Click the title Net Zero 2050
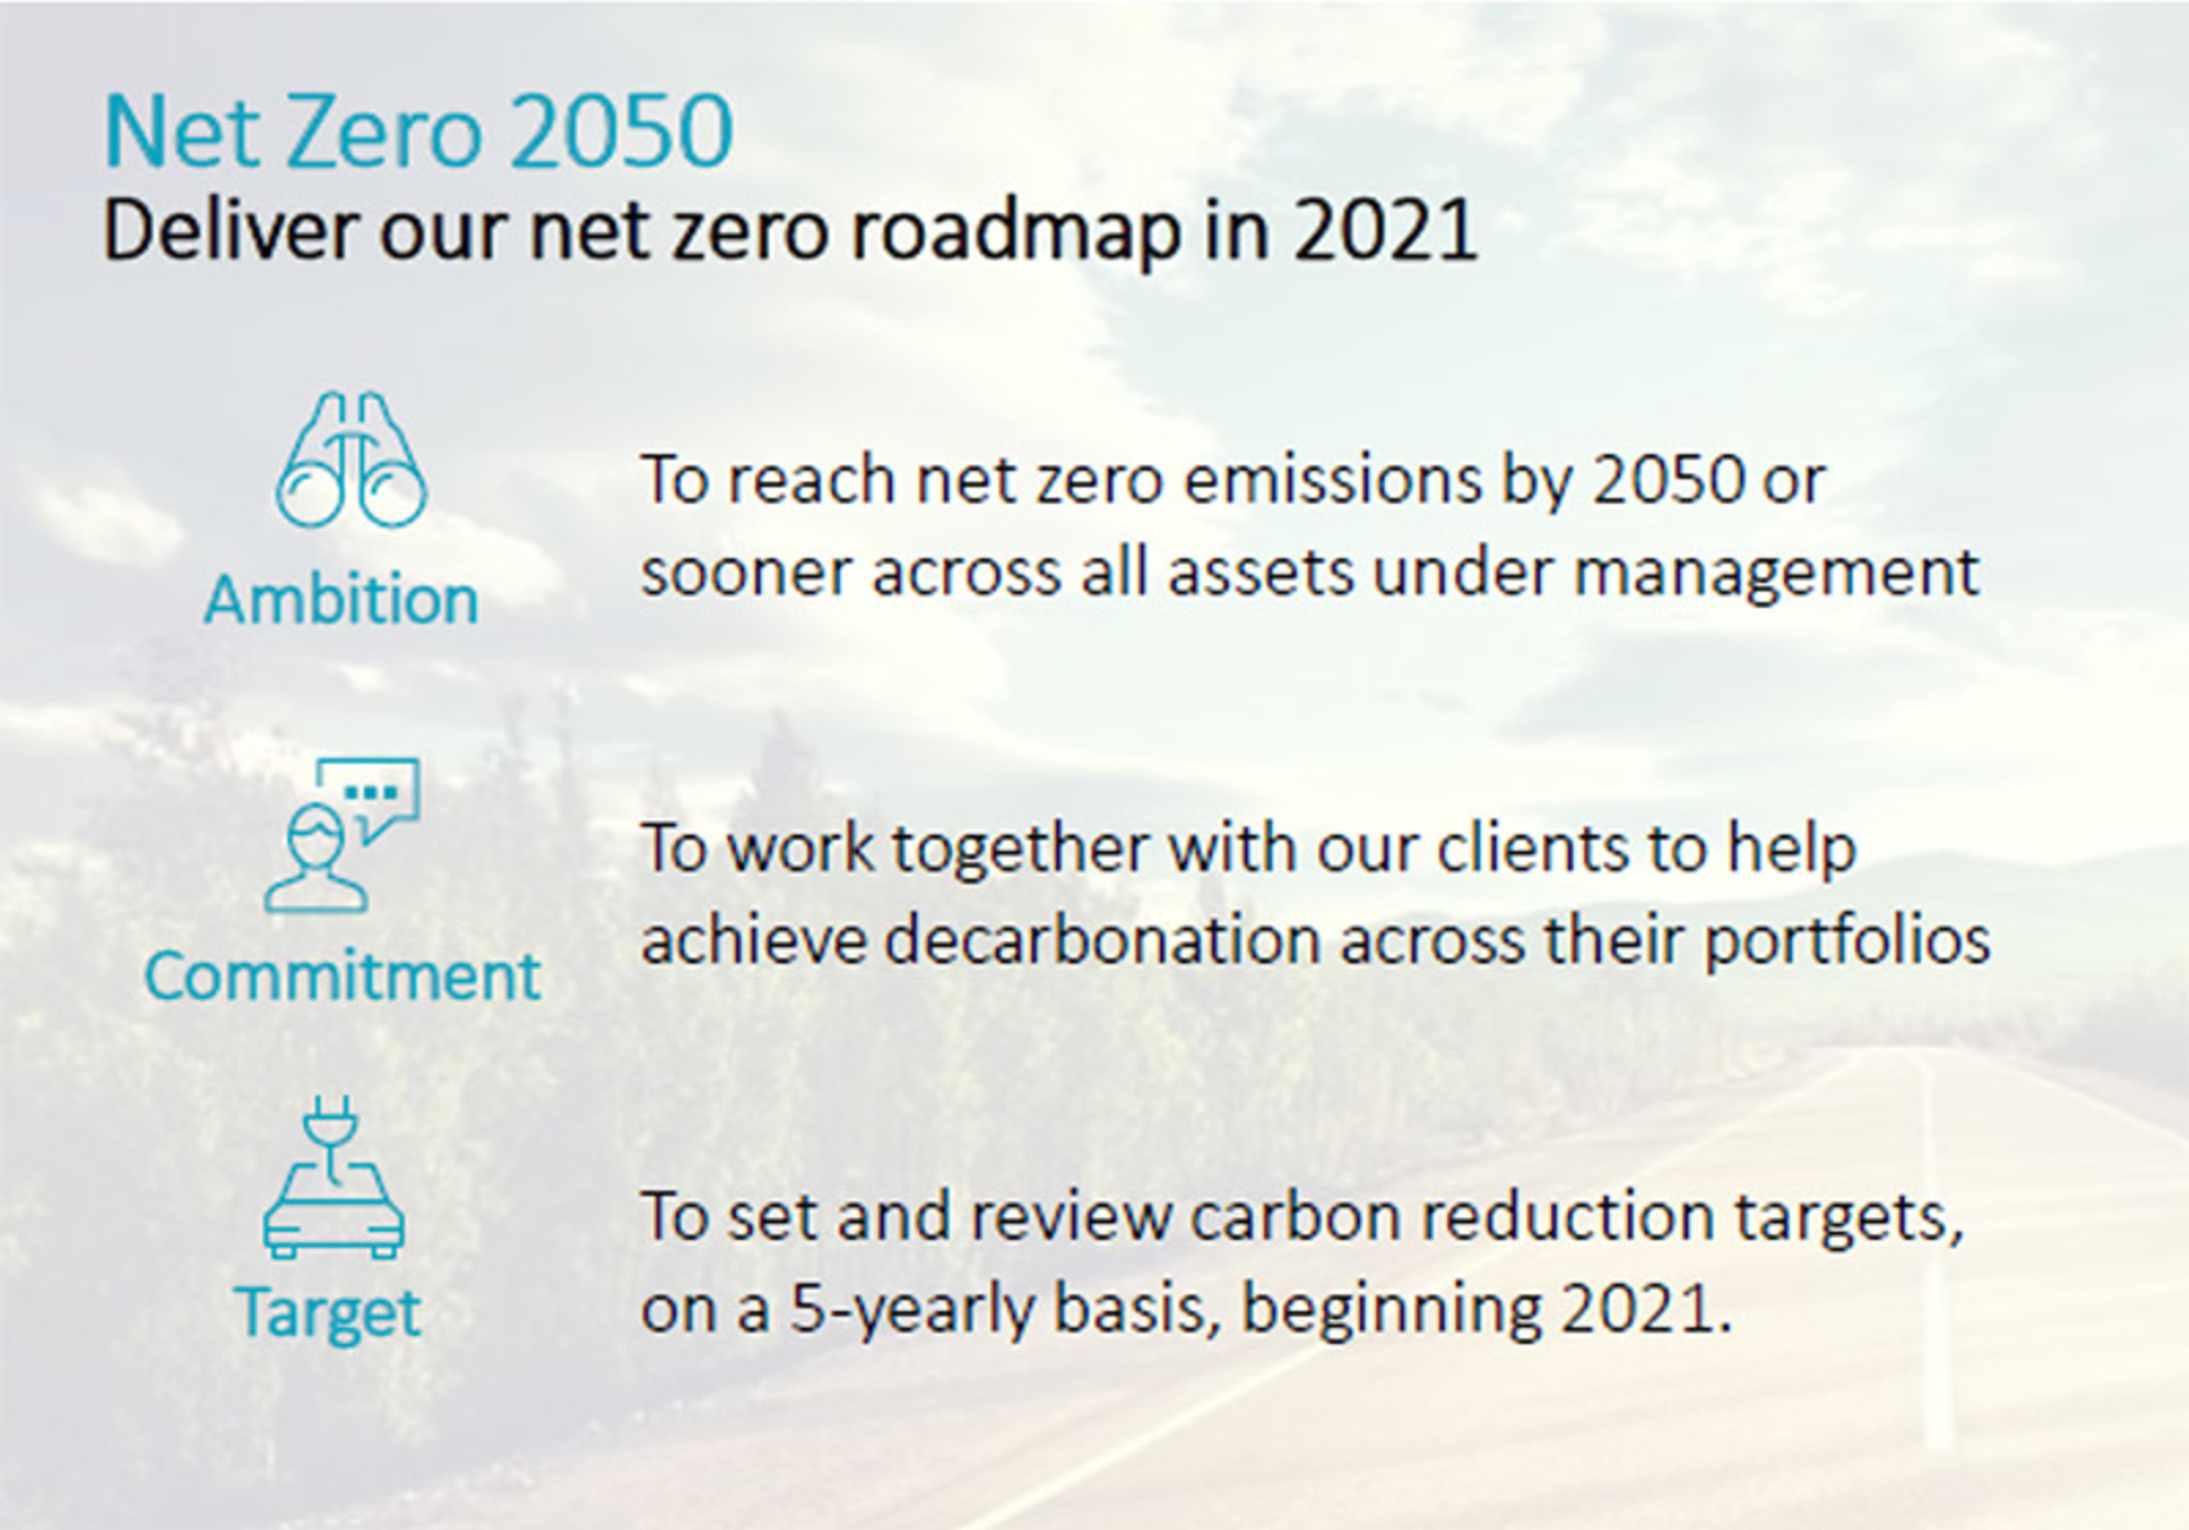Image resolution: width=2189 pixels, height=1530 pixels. coord(418,132)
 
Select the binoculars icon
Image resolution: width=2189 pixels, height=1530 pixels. coord(351,459)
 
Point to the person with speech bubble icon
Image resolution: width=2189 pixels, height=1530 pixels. coord(341,835)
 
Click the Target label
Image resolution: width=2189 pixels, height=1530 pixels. coord(328,1313)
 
